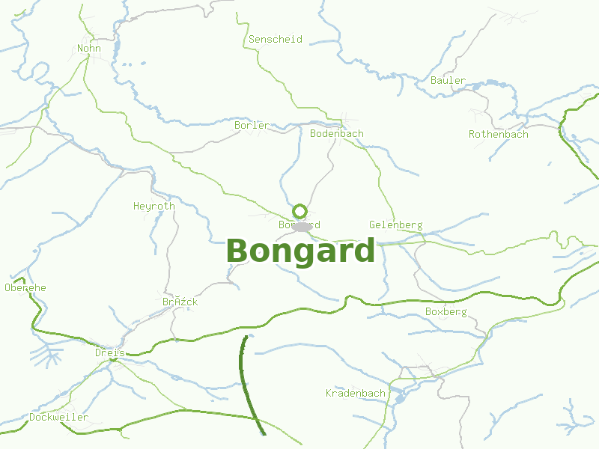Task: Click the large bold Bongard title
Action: (300, 251)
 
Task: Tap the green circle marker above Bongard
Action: (300, 211)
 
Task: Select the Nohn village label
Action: (88, 49)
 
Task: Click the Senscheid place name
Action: (276, 39)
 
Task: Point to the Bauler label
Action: (448, 80)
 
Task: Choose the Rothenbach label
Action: (498, 134)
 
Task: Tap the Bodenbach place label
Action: (337, 133)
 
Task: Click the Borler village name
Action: (251, 125)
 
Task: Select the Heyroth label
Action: (154, 206)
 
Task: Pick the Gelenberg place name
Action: (395, 224)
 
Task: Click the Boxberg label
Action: (446, 311)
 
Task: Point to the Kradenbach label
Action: (355, 393)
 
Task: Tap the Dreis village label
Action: (109, 352)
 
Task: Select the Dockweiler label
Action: (58, 417)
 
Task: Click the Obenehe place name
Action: (25, 287)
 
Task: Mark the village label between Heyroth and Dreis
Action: (180, 302)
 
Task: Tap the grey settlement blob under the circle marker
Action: (302, 227)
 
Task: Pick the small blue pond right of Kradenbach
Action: (399, 398)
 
